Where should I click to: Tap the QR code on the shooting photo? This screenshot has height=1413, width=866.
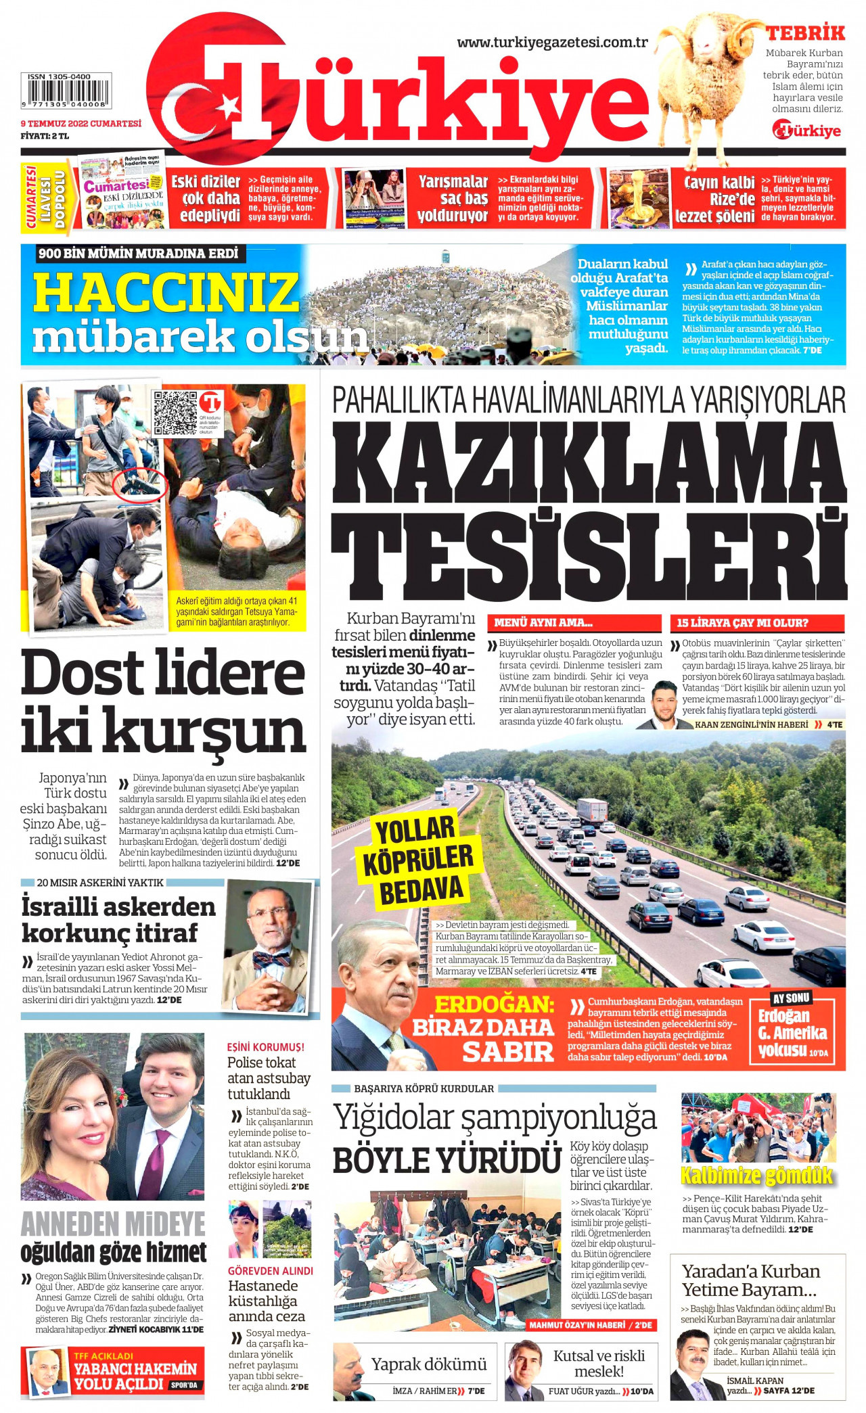click(175, 412)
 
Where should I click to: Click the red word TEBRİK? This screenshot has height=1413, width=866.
click(805, 32)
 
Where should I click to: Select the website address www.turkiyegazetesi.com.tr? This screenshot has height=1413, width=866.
click(552, 42)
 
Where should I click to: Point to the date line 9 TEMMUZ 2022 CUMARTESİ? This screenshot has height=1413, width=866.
click(81, 124)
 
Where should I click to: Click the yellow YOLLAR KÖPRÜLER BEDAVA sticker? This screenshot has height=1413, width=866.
click(418, 860)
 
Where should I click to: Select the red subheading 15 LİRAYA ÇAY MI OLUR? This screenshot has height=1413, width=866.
click(743, 623)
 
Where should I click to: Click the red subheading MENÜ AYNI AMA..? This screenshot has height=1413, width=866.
click(543, 623)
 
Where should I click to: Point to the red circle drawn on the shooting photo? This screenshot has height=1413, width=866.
click(140, 485)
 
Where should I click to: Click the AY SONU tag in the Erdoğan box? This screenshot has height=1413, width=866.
click(791, 998)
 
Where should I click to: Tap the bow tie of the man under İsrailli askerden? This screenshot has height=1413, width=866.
click(271, 958)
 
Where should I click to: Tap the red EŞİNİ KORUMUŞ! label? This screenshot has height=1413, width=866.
click(265, 1047)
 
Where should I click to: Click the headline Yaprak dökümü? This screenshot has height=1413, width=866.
click(429, 1364)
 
